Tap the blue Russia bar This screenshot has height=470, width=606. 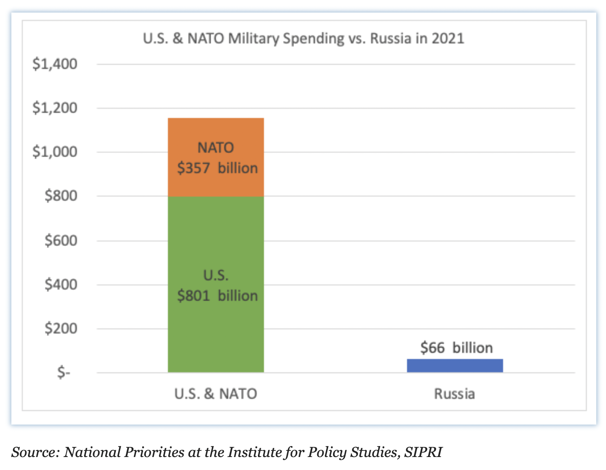455,365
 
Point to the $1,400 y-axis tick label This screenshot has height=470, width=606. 55,64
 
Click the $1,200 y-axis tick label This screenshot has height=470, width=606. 55,108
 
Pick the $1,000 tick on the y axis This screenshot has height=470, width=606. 55,152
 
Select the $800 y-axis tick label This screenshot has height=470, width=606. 61,196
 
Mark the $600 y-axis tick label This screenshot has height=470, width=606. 61,241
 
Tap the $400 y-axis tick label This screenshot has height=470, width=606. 61,285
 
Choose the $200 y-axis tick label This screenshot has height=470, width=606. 61,328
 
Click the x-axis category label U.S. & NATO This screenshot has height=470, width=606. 216,394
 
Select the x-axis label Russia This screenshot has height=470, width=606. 454,394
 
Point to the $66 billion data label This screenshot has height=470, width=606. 457,348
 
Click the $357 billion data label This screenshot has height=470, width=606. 217,168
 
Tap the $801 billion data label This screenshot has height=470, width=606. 217,295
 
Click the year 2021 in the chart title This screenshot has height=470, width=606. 448,39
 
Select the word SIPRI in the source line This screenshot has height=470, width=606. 423,452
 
